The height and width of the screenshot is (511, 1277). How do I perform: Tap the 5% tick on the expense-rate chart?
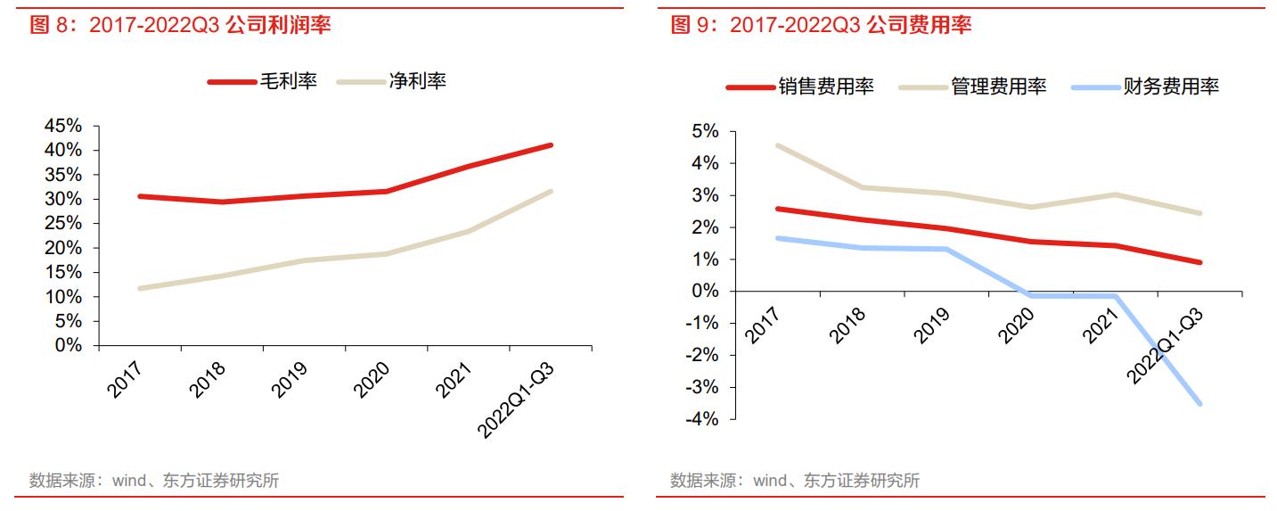tap(705, 131)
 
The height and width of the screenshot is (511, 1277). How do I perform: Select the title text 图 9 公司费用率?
tap(821, 25)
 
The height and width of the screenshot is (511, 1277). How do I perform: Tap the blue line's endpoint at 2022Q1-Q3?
tap(1200, 403)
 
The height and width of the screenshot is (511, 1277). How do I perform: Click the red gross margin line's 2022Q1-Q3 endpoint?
tap(551, 144)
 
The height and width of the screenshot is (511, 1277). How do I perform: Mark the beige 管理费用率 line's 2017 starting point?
tap(778, 145)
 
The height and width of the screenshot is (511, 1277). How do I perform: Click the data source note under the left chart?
tap(153, 481)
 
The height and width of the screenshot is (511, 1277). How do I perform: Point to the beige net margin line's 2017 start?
tap(140, 288)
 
